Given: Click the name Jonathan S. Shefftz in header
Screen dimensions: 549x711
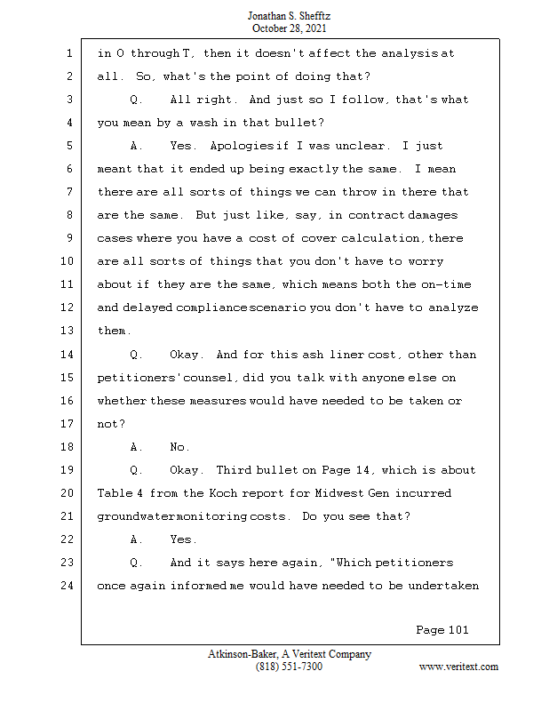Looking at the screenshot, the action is pos(289,16).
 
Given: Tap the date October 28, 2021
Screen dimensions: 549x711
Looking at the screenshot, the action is pos(289,28).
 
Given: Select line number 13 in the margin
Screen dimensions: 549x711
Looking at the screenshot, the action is pos(67,331).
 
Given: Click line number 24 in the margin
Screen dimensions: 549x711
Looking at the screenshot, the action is pos(67,586).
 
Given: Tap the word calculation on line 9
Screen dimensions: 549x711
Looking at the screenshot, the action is pos(381,238).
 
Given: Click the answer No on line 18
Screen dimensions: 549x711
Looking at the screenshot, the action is pos(177,447).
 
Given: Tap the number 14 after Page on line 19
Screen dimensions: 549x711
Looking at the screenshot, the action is pos(362,470).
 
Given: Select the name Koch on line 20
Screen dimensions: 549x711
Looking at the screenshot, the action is pos(223,493).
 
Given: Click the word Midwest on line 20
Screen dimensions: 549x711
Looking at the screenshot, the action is pos(338,493).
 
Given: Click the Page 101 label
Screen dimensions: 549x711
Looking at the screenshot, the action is pos(442,630).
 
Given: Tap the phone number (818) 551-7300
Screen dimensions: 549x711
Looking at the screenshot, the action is pos(289,667).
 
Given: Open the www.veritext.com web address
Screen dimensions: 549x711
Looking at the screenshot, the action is pos(458,667).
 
